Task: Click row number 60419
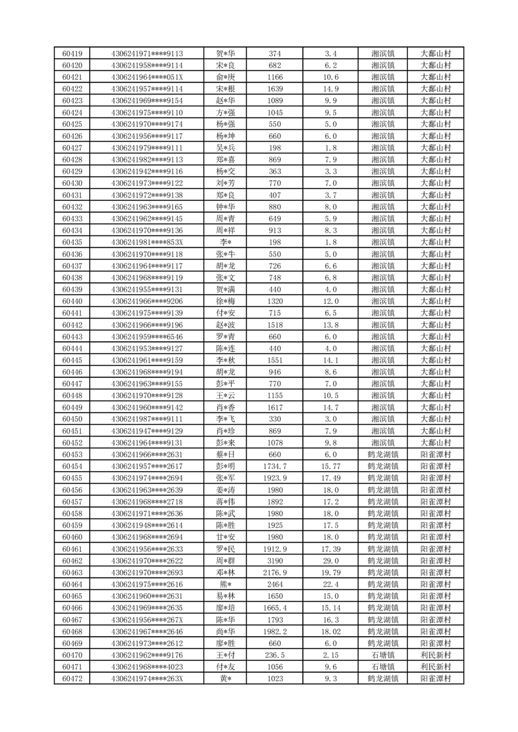72,53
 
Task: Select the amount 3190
275,560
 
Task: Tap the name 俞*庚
226,77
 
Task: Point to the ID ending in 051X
147,77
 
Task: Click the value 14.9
331,89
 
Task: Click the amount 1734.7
275,466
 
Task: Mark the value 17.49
331,478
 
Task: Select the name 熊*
226,584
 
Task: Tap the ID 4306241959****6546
147,337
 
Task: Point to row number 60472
72,679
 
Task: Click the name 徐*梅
226,301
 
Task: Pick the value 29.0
331,560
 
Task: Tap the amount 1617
275,407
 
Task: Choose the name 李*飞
226,419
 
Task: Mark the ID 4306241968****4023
147,667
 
